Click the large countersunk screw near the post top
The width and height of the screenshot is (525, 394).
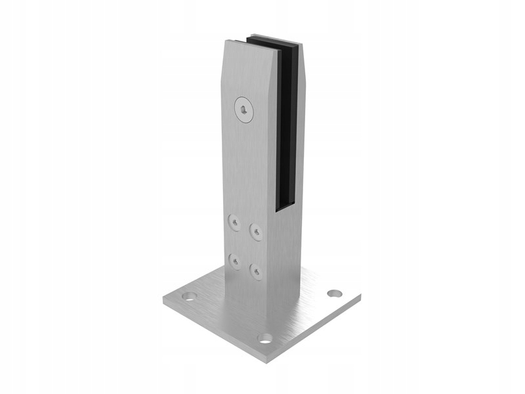(244, 109)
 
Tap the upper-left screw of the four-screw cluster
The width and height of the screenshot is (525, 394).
(234, 223)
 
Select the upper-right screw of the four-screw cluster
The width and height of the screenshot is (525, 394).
(255, 230)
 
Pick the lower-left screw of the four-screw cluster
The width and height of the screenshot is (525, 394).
(234, 261)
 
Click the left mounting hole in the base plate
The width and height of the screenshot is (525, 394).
(189, 296)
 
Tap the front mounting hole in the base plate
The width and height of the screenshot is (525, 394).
(265, 338)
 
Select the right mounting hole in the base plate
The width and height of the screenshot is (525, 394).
(335, 293)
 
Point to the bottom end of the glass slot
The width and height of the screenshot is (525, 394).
(285, 205)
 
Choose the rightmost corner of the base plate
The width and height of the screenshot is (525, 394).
(360, 297)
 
